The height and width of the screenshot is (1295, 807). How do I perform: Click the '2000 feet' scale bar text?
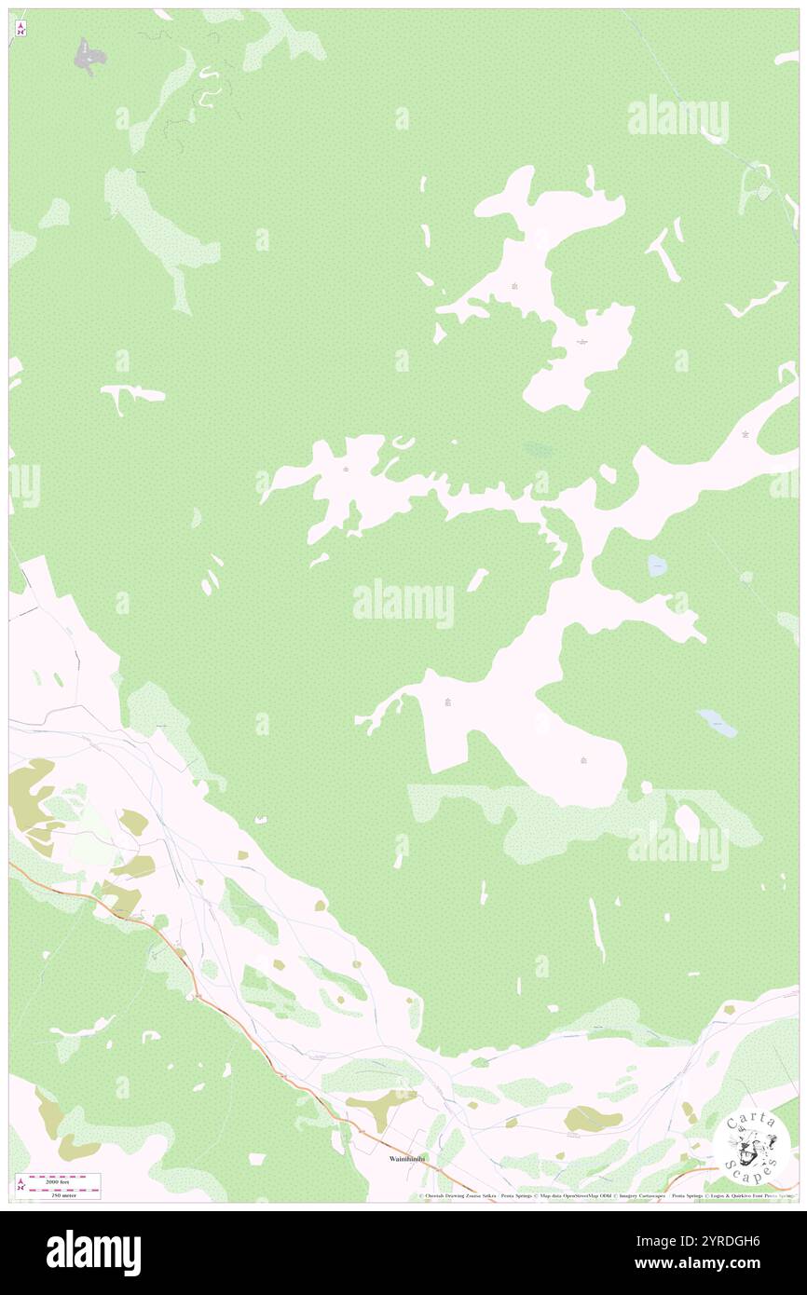coord(62,1178)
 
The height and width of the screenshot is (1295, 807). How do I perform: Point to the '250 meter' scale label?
coord(62,1193)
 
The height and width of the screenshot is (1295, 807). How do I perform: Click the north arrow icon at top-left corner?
coord(21,29)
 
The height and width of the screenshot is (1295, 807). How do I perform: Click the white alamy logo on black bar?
coord(93,1251)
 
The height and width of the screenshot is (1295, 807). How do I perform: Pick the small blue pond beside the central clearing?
coord(657,565)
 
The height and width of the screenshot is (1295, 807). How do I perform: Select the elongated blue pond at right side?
coord(717,722)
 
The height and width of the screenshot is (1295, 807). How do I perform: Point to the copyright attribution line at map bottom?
coord(606,1195)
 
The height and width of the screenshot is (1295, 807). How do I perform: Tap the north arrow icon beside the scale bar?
coord(21,1184)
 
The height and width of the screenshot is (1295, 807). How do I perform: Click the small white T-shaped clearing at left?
coord(130,397)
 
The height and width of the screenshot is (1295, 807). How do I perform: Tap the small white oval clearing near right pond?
coord(687,823)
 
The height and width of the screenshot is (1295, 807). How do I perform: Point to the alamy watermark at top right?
coord(677,117)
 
